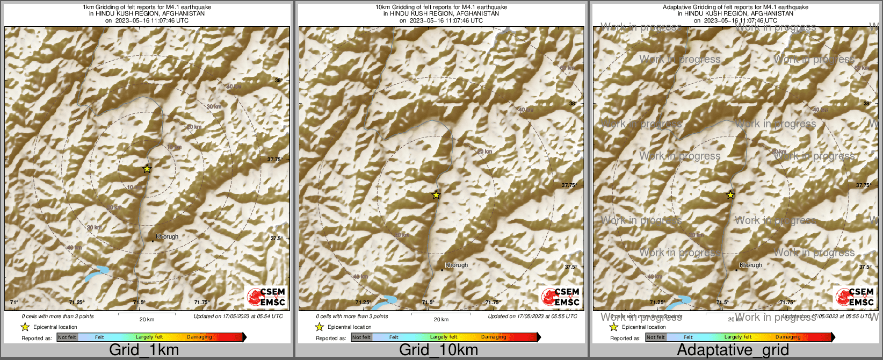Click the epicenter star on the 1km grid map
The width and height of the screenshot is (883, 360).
coord(147,169)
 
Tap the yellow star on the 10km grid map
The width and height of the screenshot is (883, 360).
coord(436,195)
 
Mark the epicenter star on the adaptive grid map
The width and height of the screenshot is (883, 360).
coord(730,195)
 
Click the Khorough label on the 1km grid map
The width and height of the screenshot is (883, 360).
coord(167,236)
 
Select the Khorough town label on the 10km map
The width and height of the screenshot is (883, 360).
coord(457,265)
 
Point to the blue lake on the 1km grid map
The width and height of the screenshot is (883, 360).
coord(97,273)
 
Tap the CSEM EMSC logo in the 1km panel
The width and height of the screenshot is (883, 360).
coord(266,297)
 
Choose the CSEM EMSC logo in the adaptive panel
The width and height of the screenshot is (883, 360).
coord(855,297)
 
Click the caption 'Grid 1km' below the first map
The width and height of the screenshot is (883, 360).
coord(144,350)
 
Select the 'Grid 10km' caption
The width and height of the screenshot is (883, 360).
coord(438,350)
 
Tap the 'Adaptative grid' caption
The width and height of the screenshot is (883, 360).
coord(733,350)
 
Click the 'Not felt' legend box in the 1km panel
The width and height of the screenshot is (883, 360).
coord(67,337)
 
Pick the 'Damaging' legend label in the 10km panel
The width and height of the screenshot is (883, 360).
coord(494,337)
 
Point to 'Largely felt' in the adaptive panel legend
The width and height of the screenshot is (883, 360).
coord(738,337)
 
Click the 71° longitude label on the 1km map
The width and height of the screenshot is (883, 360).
coord(14,303)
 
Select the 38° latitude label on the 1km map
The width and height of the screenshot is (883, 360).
coord(279,81)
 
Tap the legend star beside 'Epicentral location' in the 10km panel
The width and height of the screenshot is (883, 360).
coord(319,327)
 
